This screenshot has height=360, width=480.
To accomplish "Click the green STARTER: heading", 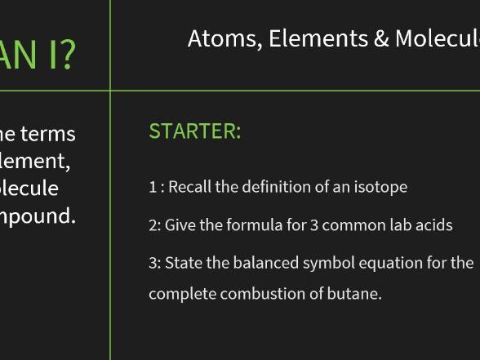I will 194,131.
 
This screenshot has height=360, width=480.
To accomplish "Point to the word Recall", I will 189,187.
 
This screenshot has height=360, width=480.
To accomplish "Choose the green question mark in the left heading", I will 65,54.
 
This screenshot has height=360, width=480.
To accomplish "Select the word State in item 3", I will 184,264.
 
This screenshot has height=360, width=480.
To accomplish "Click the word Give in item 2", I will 180,225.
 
